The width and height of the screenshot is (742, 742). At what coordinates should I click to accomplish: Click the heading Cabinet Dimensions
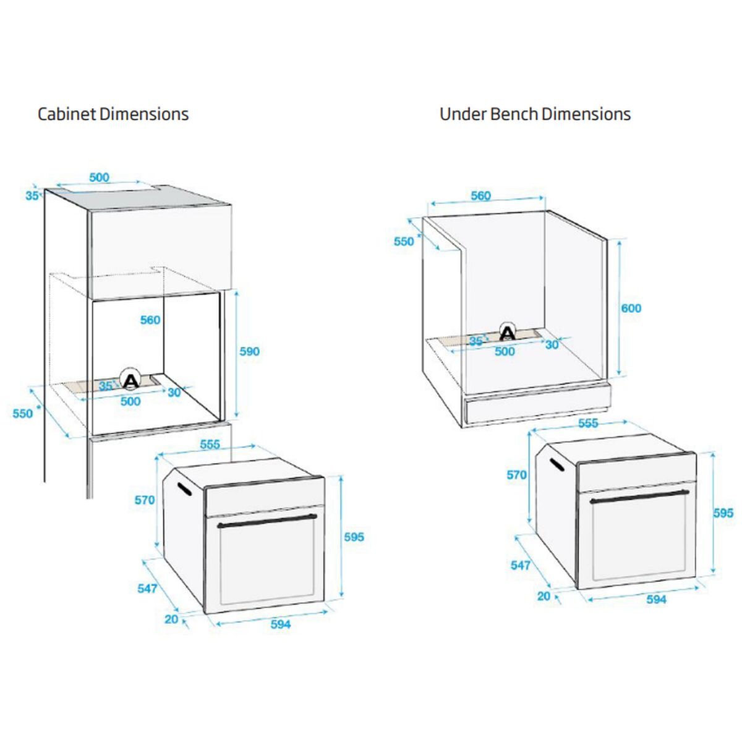[x=113, y=114]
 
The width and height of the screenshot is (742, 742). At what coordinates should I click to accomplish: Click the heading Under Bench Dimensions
[x=535, y=114]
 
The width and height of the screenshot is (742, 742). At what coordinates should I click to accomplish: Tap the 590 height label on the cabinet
[x=250, y=351]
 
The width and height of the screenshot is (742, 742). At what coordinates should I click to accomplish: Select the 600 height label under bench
[x=631, y=308]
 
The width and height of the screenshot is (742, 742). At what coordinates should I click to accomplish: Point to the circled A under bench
[x=508, y=331]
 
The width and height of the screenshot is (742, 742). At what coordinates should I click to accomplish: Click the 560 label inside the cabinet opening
[x=150, y=320]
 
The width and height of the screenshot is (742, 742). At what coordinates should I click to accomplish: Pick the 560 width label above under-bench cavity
[x=481, y=195]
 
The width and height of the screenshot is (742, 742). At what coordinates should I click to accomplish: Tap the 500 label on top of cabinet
[x=100, y=177]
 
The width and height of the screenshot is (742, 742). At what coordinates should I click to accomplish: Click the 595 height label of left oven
[x=354, y=537]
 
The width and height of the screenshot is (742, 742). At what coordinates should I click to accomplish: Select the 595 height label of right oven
[x=723, y=513]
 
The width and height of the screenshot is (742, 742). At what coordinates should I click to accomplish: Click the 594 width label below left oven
[x=280, y=624]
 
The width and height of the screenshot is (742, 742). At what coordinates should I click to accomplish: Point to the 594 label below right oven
[x=656, y=600]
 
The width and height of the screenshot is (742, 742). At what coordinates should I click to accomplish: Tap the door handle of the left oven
[x=267, y=521]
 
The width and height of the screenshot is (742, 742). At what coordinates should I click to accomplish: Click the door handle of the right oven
[x=639, y=497]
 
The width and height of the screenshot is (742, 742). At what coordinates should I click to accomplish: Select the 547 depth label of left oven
[x=148, y=589]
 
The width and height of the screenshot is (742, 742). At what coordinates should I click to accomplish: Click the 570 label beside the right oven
[x=517, y=475]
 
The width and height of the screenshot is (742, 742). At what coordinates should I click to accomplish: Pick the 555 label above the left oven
[x=210, y=445]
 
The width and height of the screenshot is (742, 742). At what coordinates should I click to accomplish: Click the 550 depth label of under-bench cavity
[x=404, y=241]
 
